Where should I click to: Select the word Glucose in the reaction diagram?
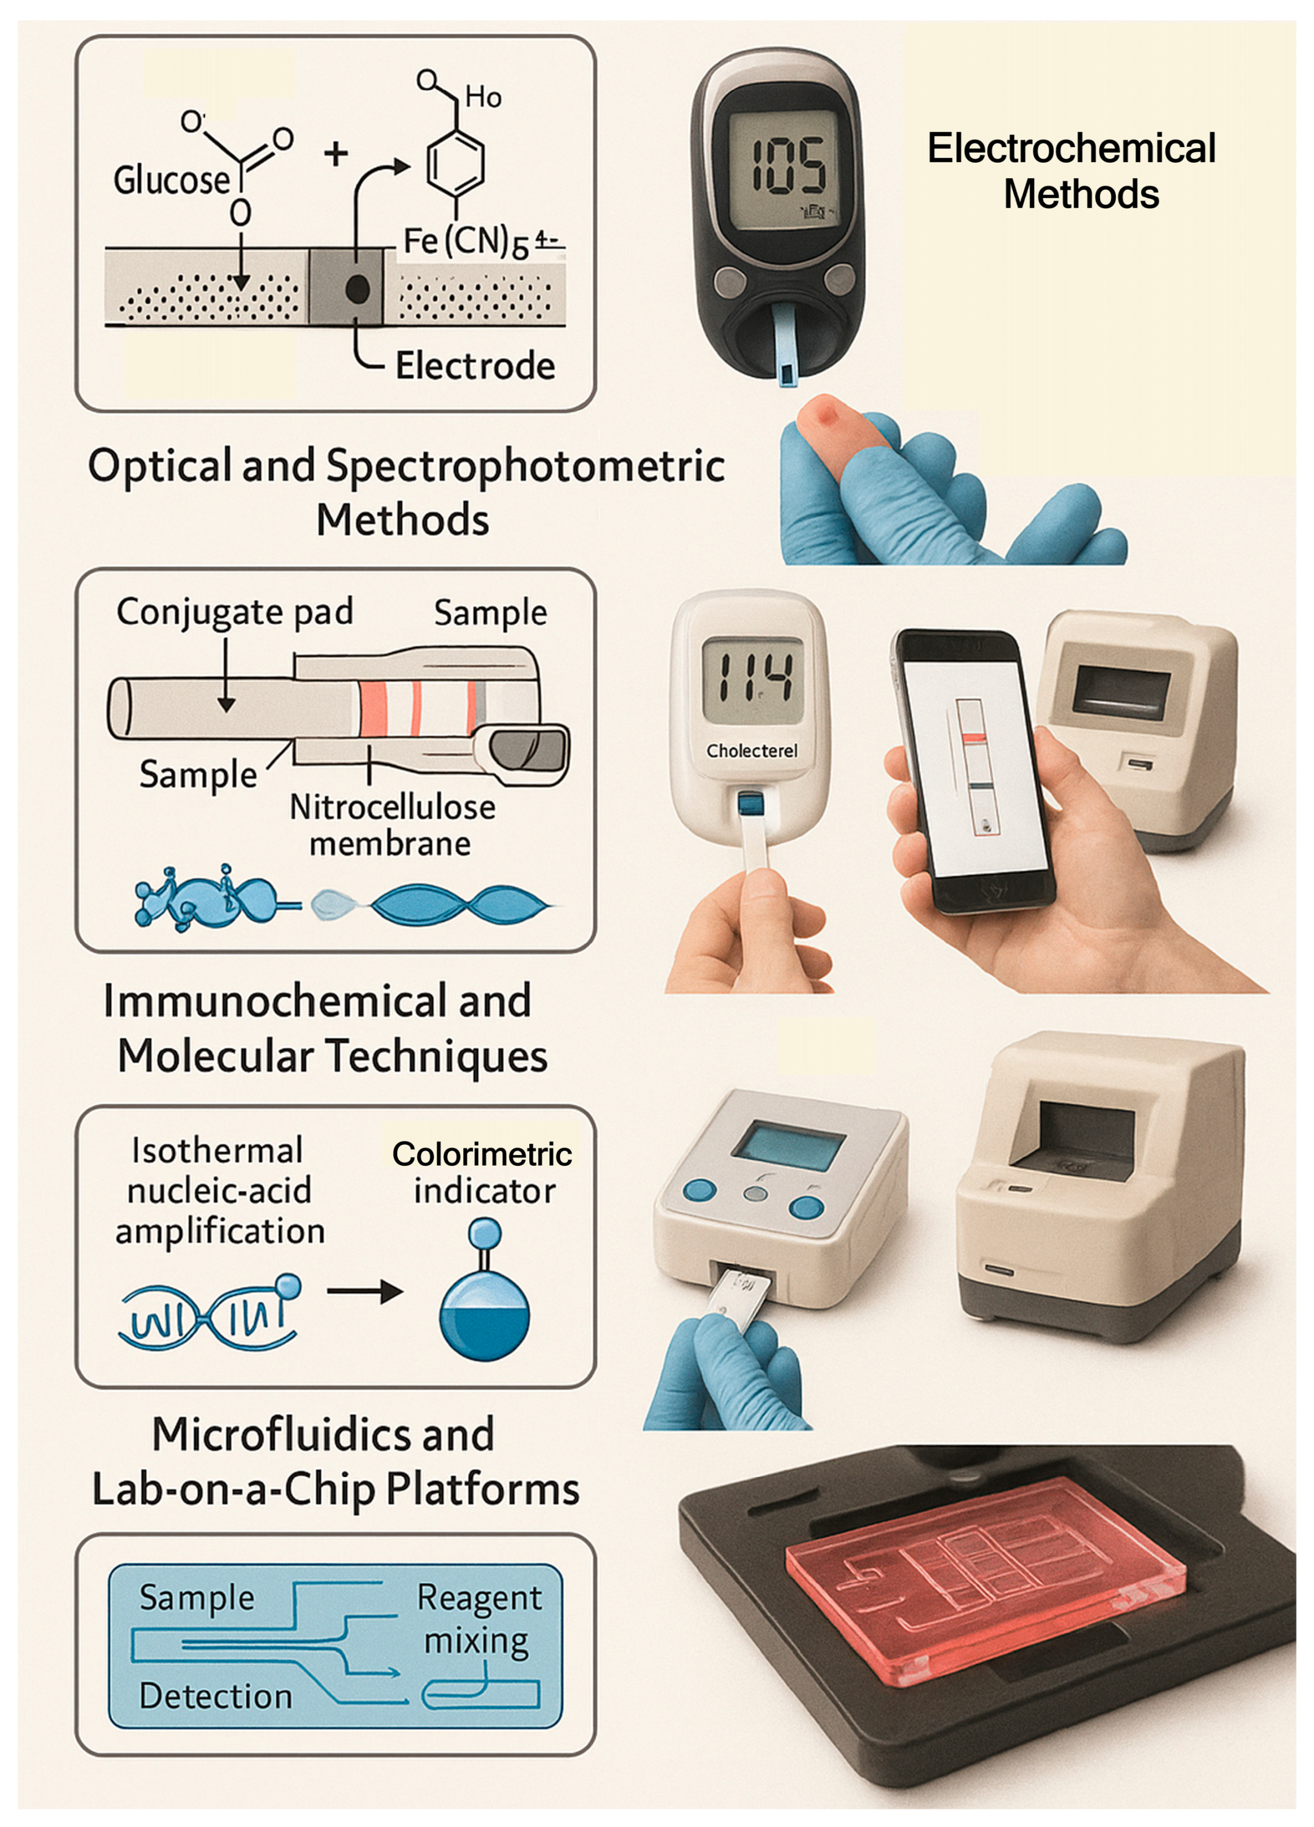[172, 180]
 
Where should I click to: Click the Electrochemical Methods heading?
[1072, 171]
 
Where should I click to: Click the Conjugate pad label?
[234, 612]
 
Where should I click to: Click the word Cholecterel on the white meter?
[752, 751]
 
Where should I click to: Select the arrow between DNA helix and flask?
[365, 1292]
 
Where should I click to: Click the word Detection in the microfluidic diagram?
[216, 1696]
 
